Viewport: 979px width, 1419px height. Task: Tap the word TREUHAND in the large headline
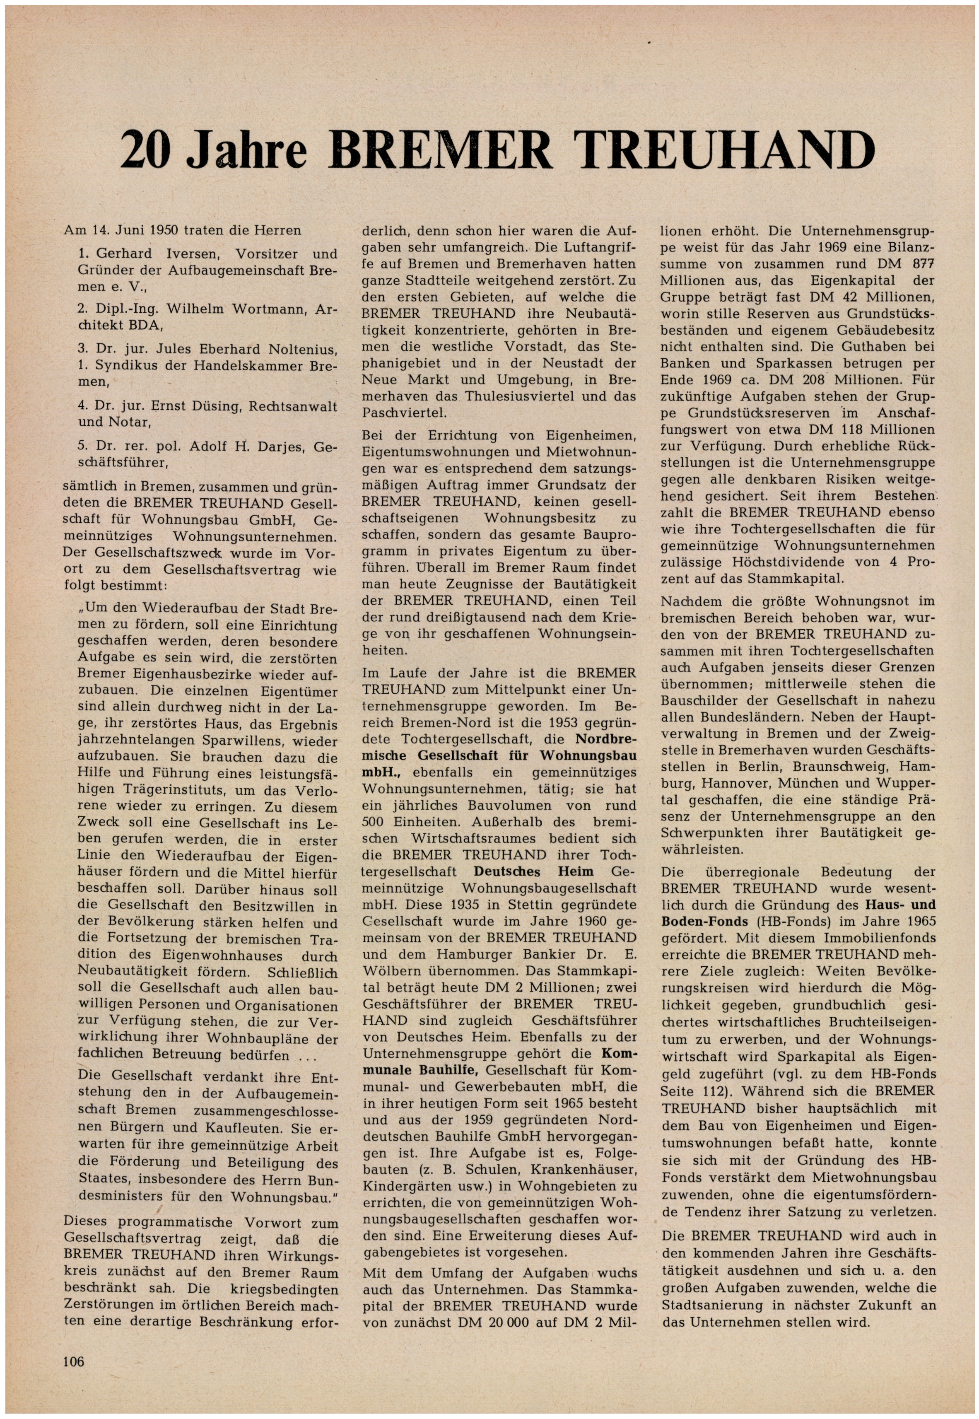coord(723,151)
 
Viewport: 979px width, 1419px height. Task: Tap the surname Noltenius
coord(302,350)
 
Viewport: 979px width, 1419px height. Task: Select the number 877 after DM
coord(923,264)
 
